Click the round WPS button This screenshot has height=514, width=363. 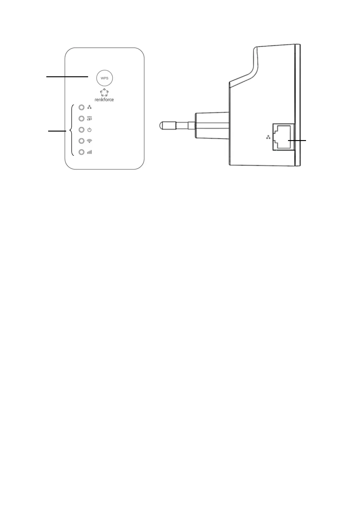104,78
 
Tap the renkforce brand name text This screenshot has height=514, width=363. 104,100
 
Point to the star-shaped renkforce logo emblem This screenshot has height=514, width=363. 104,92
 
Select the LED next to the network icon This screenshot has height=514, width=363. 81,107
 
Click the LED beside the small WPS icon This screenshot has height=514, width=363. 81,118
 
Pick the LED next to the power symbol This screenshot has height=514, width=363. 81,130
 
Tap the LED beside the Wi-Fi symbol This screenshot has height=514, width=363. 81,141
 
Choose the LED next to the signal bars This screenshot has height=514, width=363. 81,152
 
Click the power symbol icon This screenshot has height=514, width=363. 89,130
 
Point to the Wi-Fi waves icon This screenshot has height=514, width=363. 89,141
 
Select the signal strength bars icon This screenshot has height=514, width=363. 89,152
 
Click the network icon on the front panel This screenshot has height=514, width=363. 89,107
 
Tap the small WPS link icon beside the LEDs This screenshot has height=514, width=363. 89,118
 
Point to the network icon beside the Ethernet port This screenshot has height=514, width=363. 268,137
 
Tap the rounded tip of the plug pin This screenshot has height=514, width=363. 163,125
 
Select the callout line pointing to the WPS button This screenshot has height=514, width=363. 67,77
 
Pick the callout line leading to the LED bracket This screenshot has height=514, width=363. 57,131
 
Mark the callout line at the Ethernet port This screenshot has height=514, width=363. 297,140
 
